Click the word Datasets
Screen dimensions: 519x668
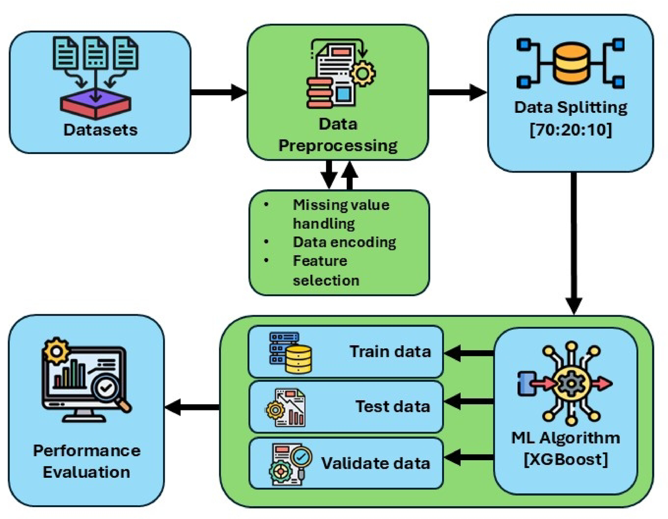100,130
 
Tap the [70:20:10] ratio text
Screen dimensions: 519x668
571,129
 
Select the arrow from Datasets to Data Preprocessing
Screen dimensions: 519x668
219,92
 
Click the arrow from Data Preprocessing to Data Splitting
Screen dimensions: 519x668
457,92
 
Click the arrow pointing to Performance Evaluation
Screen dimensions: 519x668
192,407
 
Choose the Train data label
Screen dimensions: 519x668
390,352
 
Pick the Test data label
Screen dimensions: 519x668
393,407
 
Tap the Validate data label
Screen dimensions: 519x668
375,463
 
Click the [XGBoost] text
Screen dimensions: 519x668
566,459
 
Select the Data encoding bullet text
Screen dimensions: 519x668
344,242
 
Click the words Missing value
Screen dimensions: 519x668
341,205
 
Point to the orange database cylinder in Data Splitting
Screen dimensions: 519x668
571,63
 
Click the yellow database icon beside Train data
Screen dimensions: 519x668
298,359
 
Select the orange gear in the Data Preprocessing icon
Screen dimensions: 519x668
363,73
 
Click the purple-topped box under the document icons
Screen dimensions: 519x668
96,103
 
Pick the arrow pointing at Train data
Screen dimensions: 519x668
469,353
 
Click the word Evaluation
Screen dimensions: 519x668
86,472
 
